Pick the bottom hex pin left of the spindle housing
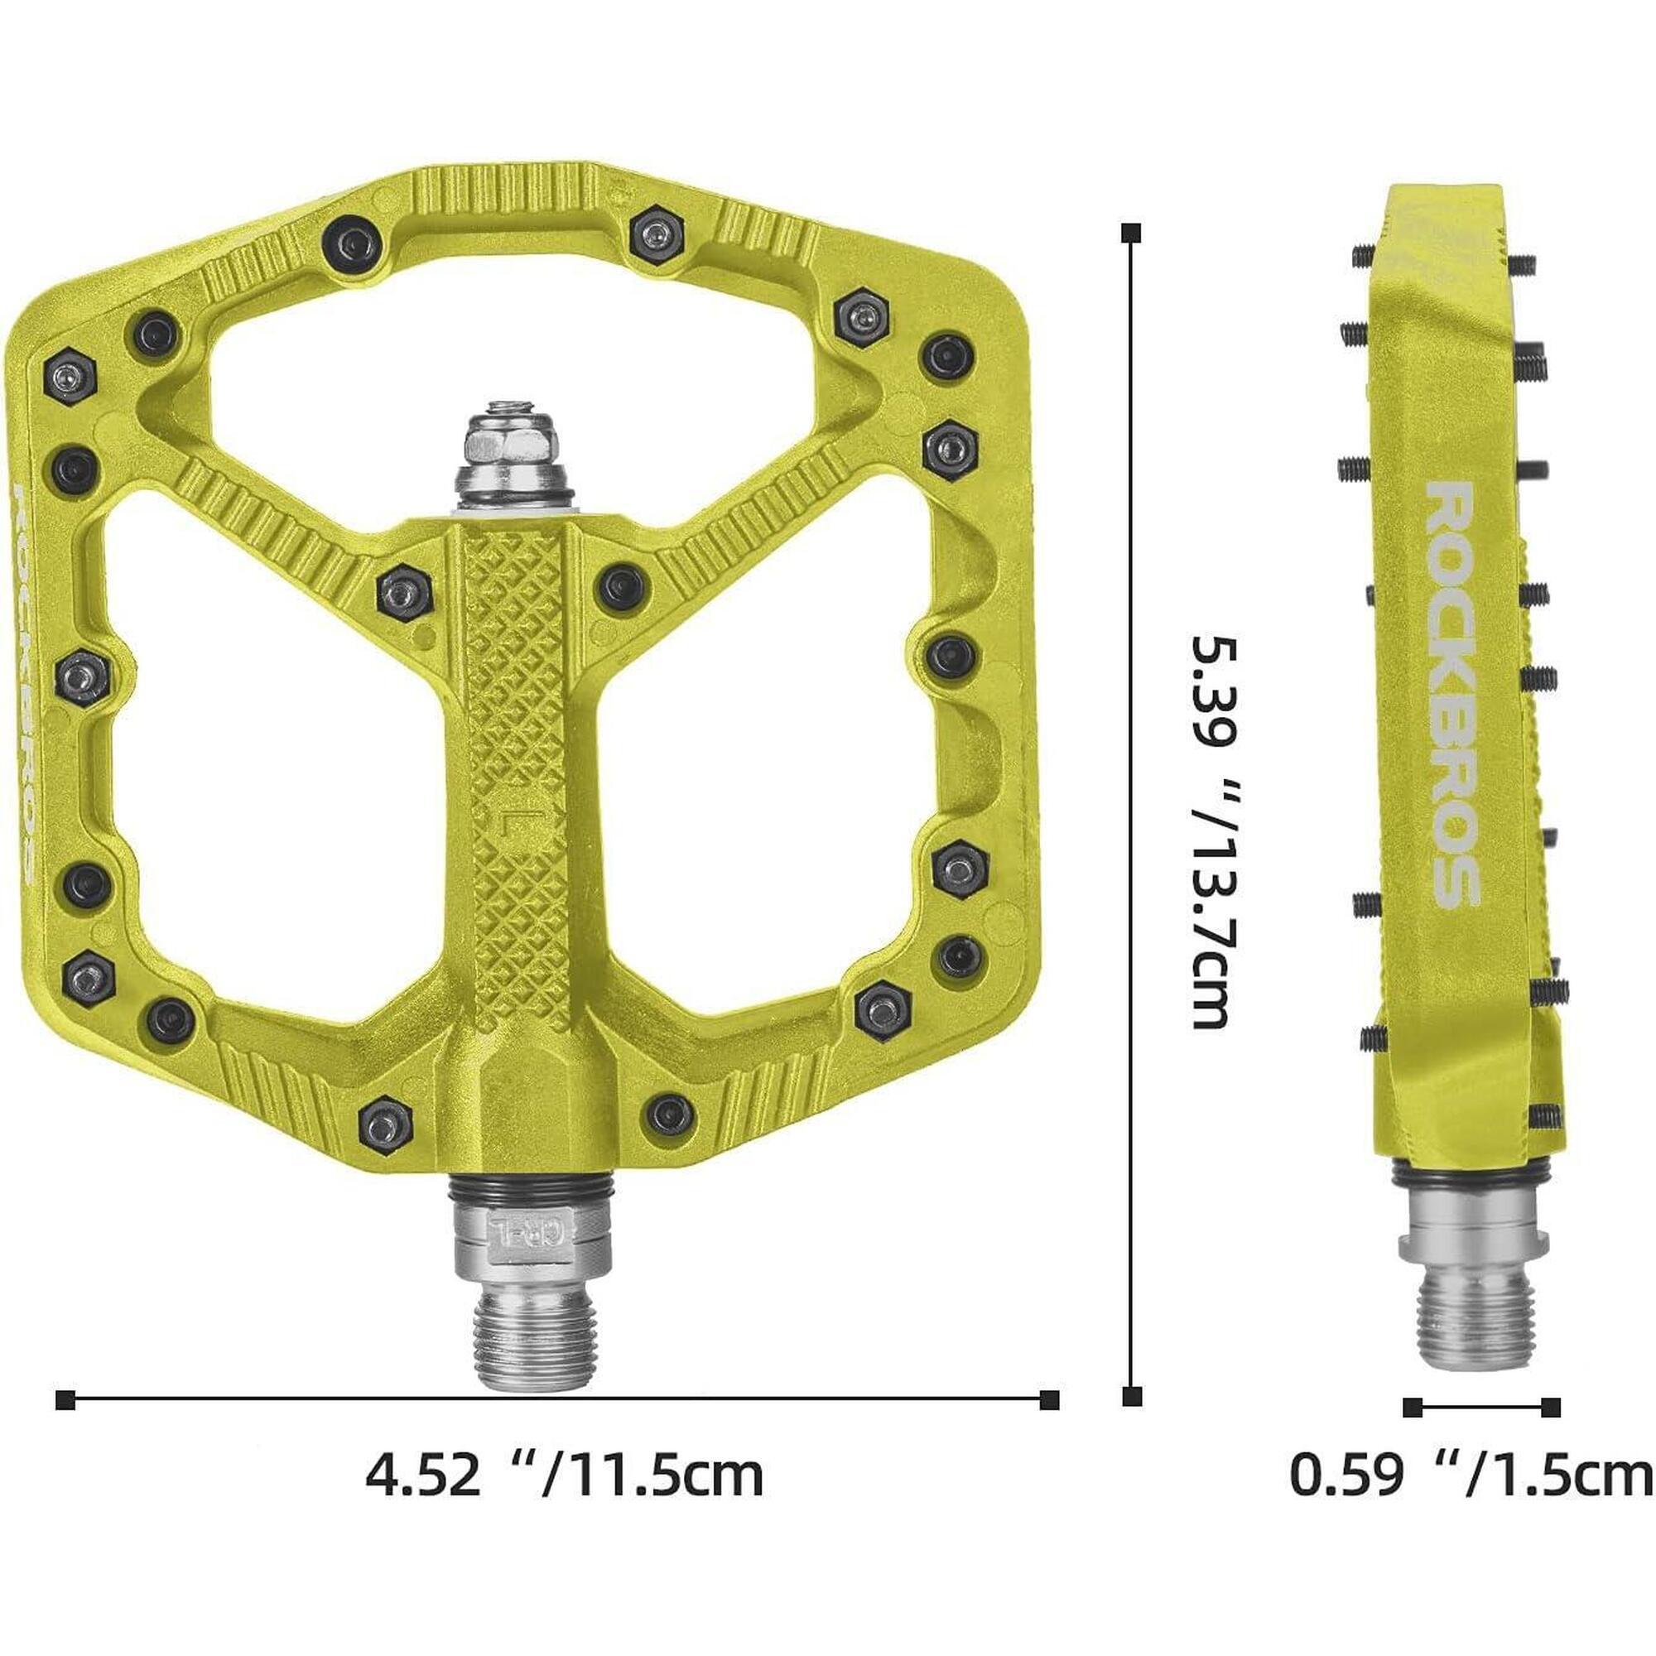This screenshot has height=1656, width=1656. point(385,1123)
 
